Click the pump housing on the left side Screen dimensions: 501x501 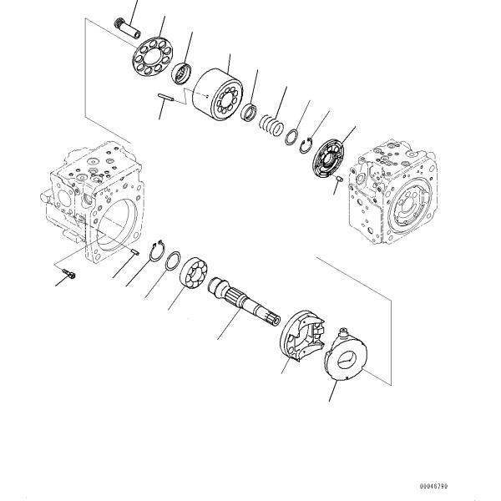coord(92,205)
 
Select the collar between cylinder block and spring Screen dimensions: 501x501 coord(248,111)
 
